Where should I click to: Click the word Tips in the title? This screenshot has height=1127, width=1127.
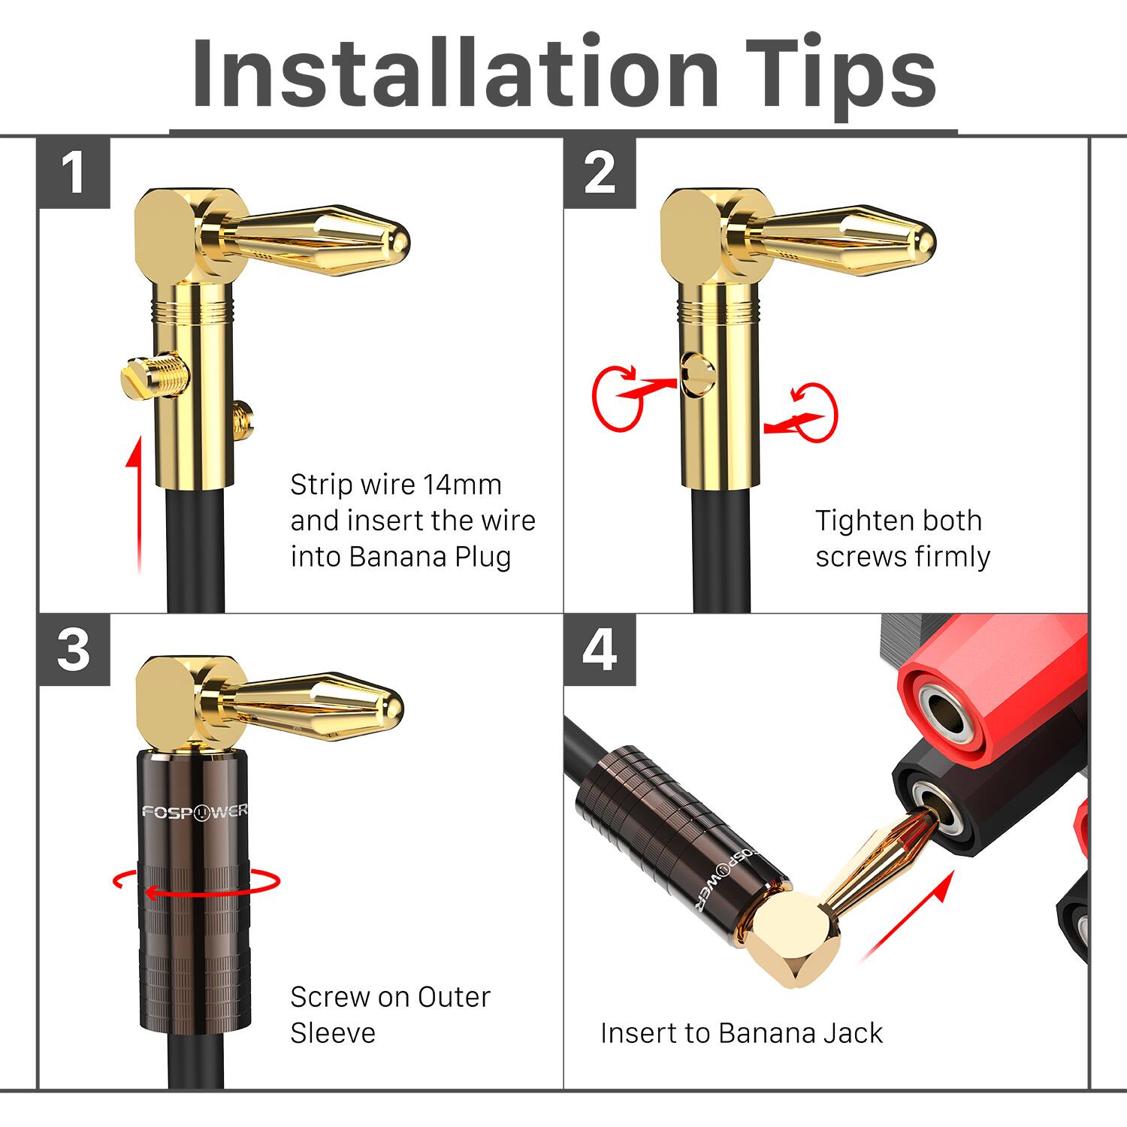(x=841, y=75)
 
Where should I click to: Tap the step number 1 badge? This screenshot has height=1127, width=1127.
(x=74, y=173)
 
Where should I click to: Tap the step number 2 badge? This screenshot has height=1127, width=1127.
(x=600, y=173)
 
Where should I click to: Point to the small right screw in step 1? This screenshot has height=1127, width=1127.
(x=243, y=421)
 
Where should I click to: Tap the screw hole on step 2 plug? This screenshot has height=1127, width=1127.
(x=697, y=371)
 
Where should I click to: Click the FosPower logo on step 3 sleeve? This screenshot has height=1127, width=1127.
(x=194, y=812)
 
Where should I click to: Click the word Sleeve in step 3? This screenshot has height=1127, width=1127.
(x=332, y=1033)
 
